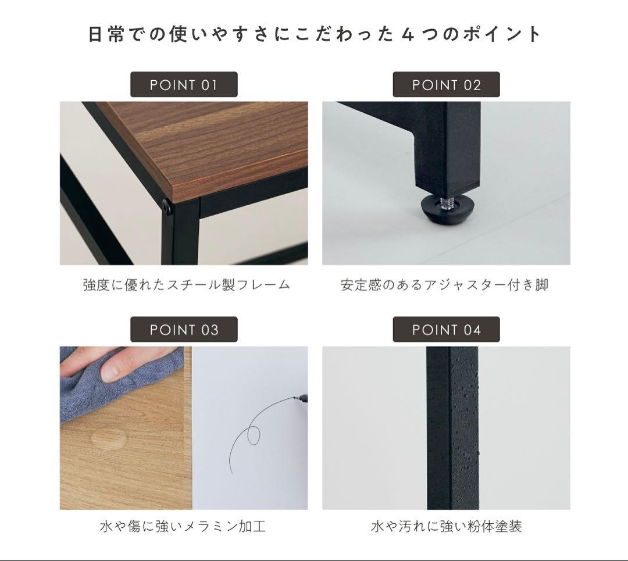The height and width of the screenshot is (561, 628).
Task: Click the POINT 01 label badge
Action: tap(183, 85)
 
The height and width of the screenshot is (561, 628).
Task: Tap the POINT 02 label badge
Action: tap(446, 85)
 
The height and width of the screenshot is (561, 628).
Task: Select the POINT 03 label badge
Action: tap(183, 330)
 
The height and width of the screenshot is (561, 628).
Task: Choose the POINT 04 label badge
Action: tap(446, 330)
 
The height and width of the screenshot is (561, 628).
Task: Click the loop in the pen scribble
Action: tap(254, 435)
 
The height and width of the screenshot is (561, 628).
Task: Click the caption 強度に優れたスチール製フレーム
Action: tap(186, 285)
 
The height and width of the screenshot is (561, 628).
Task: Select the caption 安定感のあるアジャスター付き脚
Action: tap(445, 285)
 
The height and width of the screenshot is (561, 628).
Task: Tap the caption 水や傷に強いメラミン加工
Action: tap(183, 527)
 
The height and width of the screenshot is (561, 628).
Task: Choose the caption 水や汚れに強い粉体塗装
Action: tap(446, 527)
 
